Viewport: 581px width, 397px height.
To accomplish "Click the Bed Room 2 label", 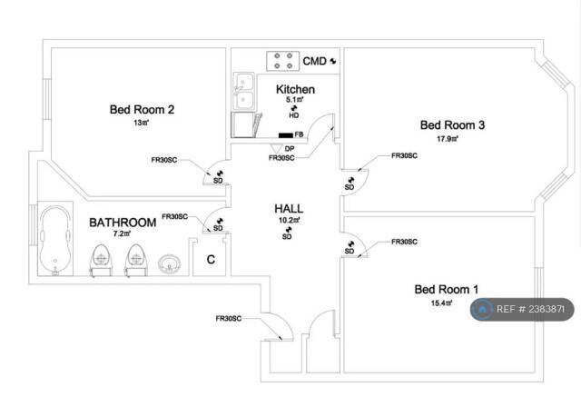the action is (x=142, y=110).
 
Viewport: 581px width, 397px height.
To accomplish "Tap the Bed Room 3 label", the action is (x=452, y=125).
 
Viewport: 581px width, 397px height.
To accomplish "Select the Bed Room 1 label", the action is (x=447, y=290).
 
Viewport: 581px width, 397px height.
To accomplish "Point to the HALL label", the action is (x=289, y=209).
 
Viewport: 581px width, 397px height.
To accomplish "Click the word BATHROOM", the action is (x=123, y=223).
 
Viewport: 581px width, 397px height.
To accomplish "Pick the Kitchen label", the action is (x=295, y=89).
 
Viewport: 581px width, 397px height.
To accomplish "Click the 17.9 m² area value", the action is (x=448, y=139).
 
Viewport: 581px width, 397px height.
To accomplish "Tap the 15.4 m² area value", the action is (x=442, y=303).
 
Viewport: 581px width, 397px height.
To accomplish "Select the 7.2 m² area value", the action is (x=122, y=233).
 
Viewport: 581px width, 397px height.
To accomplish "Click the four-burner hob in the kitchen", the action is (x=283, y=61).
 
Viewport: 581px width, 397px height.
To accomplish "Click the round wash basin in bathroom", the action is (x=170, y=264).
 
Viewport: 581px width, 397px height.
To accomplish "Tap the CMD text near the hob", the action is (x=315, y=61).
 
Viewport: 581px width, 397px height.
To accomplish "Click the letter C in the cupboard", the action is (x=211, y=260).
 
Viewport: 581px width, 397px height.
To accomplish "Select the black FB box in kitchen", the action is (x=286, y=135).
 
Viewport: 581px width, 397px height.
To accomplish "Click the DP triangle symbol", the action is (x=276, y=148).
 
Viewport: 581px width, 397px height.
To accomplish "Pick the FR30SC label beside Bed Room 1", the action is (x=404, y=242).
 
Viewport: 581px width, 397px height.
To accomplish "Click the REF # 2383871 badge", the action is (x=522, y=309).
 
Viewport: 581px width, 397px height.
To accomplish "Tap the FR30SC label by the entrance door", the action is (x=229, y=318).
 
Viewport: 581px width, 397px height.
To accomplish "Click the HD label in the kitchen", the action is (x=294, y=115).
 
